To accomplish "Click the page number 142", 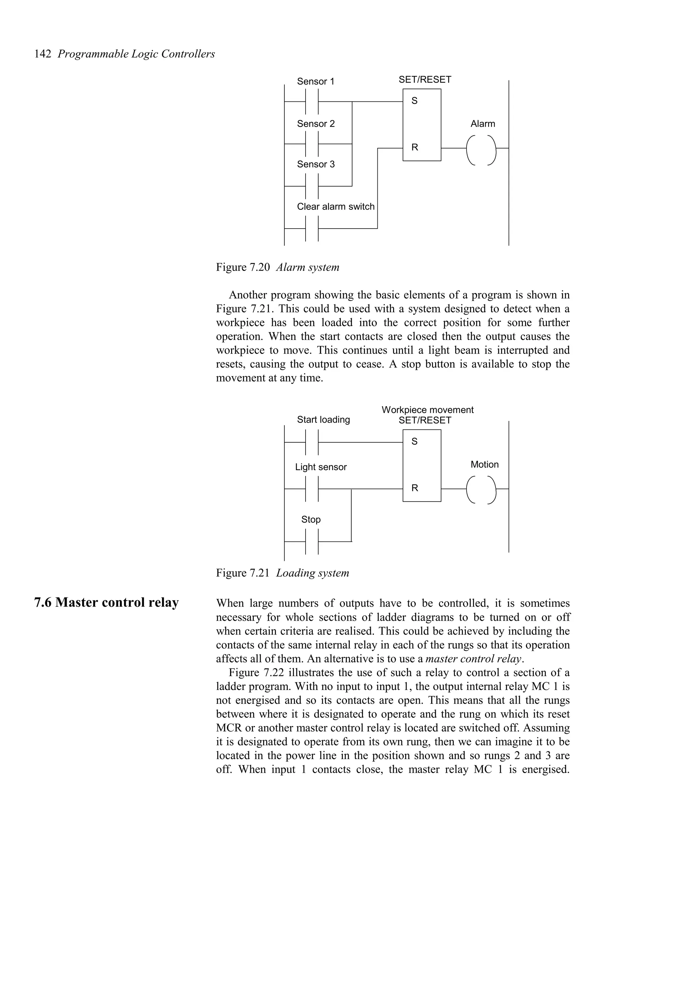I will click(x=43, y=54).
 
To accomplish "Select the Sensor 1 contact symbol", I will click(x=312, y=102).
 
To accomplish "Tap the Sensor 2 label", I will click(x=316, y=124).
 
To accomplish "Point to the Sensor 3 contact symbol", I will click(x=312, y=186).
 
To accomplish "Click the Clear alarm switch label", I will click(x=336, y=207).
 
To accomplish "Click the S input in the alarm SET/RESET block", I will click(x=415, y=101).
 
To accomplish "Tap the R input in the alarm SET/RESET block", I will click(x=415, y=148).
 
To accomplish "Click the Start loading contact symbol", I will click(x=312, y=442).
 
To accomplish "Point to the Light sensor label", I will click(x=321, y=467).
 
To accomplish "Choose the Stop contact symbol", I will click(x=312, y=541).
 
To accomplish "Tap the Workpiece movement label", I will click(x=428, y=410).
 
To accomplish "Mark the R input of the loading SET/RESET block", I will click(x=415, y=488).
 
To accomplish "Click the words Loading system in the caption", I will click(x=312, y=573).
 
